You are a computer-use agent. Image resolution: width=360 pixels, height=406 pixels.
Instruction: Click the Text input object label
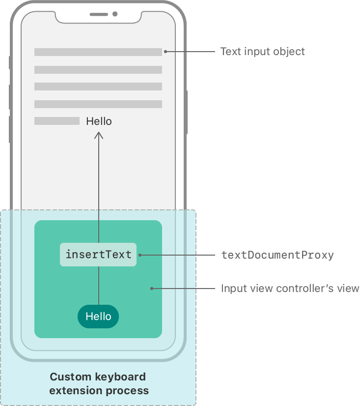point(262,52)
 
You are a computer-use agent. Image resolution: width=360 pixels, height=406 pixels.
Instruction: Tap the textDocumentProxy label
point(277,255)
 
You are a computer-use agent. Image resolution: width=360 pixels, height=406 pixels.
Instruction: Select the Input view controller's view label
point(290,289)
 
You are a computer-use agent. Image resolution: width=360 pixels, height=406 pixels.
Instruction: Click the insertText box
point(98,255)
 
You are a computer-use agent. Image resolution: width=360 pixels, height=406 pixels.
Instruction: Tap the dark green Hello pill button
point(98,317)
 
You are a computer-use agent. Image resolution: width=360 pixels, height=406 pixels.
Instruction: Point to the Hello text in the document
point(99,121)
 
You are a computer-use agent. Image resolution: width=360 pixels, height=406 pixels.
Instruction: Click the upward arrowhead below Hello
point(99,135)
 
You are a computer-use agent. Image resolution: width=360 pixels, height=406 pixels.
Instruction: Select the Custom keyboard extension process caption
point(99,384)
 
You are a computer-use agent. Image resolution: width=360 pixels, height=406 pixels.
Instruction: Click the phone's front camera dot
point(115,14)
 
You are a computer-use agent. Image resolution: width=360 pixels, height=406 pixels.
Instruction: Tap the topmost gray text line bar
point(98,52)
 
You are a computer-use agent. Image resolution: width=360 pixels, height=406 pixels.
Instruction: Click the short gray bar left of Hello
point(56,121)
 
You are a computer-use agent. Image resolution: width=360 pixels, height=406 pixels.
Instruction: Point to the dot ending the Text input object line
point(166,52)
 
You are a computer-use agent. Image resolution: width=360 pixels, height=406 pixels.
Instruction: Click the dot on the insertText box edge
point(140,255)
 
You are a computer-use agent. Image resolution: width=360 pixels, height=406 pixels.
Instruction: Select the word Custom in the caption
point(70,377)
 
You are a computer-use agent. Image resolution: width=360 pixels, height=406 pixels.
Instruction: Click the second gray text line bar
point(98,70)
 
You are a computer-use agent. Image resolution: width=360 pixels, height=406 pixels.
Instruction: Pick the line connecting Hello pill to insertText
point(99,286)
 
